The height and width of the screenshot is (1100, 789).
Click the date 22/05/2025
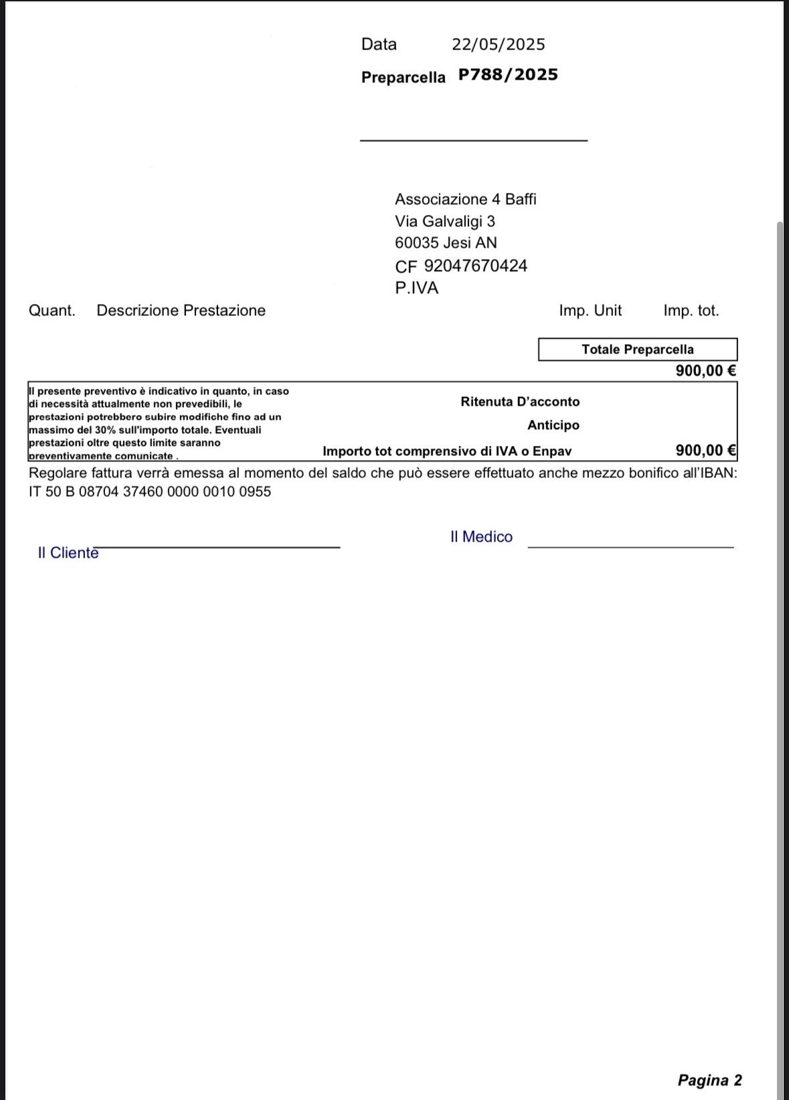[498, 45]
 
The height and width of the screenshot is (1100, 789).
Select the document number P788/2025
[508, 75]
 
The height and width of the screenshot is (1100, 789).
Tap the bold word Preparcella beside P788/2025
[403, 78]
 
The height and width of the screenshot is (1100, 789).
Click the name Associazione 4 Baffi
[465, 200]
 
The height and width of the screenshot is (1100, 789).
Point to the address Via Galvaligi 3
[444, 222]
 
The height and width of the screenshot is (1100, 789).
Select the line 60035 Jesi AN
[446, 243]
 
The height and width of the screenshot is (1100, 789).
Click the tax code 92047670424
[475, 266]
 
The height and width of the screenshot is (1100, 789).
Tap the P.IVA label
[416, 289]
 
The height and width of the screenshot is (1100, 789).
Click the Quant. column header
[52, 311]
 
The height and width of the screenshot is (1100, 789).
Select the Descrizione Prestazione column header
[181, 311]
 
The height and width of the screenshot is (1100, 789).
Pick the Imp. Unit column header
[590, 311]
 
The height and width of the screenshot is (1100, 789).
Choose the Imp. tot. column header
[691, 311]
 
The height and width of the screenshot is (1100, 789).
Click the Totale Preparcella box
[637, 349]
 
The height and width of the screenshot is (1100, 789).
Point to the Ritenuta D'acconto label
[520, 402]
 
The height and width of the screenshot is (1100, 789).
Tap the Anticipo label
[553, 425]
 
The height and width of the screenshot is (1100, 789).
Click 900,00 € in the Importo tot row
[705, 451]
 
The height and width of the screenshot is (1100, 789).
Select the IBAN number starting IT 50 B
[150, 492]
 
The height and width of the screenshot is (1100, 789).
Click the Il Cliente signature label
[68, 553]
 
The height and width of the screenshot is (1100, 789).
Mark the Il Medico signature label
[481, 537]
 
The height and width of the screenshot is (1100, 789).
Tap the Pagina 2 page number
[709, 1080]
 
